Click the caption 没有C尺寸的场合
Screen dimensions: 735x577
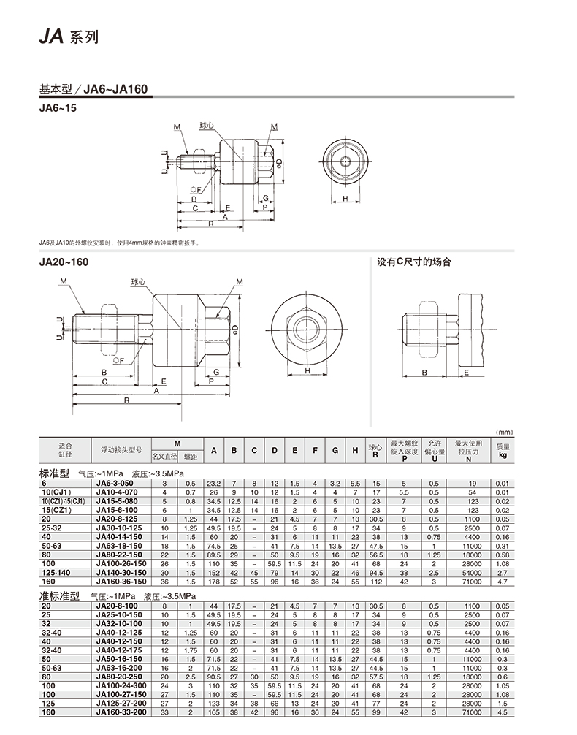coord(413,262)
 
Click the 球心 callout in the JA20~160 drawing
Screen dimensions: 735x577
coord(138,282)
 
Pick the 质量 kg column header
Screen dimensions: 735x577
coord(503,450)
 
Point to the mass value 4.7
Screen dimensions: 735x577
coord(503,582)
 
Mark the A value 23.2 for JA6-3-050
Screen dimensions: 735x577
coord(213,484)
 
